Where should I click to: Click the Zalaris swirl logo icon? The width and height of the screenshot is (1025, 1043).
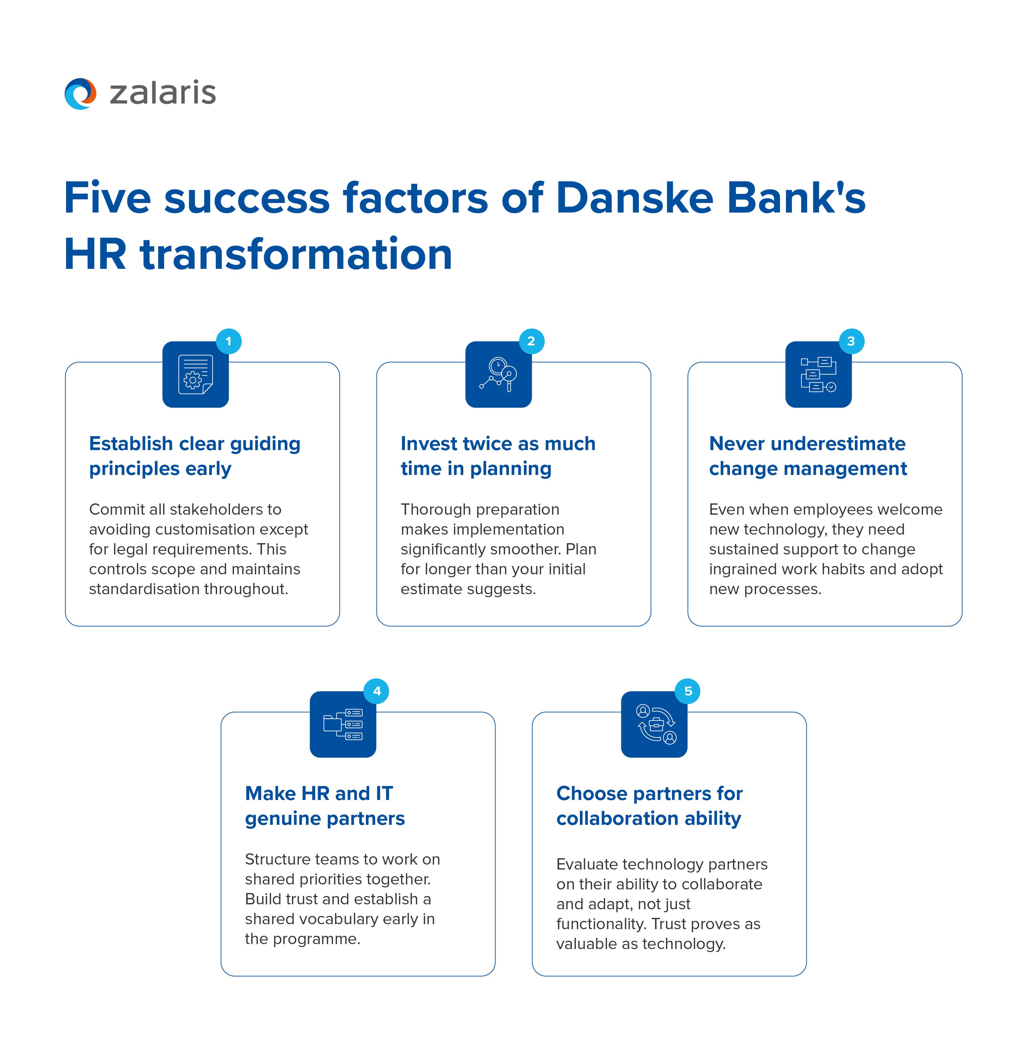(x=80, y=94)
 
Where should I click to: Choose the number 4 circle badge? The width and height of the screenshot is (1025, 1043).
(x=377, y=691)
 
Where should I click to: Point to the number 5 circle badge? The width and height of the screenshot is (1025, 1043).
(x=688, y=691)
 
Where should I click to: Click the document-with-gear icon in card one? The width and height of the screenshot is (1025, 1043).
(x=195, y=374)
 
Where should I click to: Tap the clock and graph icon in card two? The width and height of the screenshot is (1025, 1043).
(x=499, y=374)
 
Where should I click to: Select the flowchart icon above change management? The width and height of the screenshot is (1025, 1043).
(x=818, y=374)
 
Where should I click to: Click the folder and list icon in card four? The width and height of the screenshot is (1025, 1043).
(x=343, y=724)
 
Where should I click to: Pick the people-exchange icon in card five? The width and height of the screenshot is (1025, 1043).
(x=654, y=724)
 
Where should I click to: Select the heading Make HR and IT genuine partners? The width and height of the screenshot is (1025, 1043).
(x=325, y=805)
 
